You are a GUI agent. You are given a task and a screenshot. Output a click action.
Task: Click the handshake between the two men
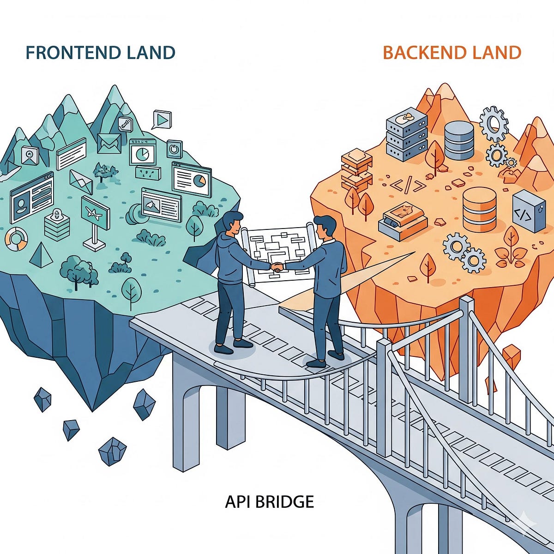click(277, 267)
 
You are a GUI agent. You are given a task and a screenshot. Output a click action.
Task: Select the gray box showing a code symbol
click(529, 211)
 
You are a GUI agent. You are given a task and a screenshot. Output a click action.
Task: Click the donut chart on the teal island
click(17, 239)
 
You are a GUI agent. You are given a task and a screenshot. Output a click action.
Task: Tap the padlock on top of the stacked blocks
click(55, 214)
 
